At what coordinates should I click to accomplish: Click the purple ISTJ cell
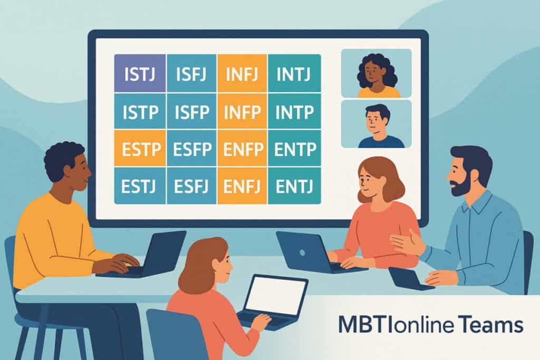pyautogui.click(x=140, y=73)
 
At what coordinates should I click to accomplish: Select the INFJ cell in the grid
pyautogui.click(x=242, y=73)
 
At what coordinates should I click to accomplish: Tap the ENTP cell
pyautogui.click(x=294, y=148)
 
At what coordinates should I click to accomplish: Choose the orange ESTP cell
pyautogui.click(x=140, y=148)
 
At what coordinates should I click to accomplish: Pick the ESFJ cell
pyautogui.click(x=191, y=186)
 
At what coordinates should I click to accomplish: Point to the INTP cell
pyautogui.click(x=294, y=111)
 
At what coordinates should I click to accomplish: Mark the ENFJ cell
pyautogui.click(x=242, y=186)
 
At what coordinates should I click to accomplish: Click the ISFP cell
pyautogui.click(x=191, y=111)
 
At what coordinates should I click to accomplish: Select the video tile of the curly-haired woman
pyautogui.click(x=376, y=73)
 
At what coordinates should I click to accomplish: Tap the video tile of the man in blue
pyautogui.click(x=376, y=124)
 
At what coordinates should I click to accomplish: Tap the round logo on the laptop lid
pyautogui.click(x=302, y=253)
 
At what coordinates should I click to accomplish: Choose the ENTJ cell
pyautogui.click(x=294, y=186)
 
